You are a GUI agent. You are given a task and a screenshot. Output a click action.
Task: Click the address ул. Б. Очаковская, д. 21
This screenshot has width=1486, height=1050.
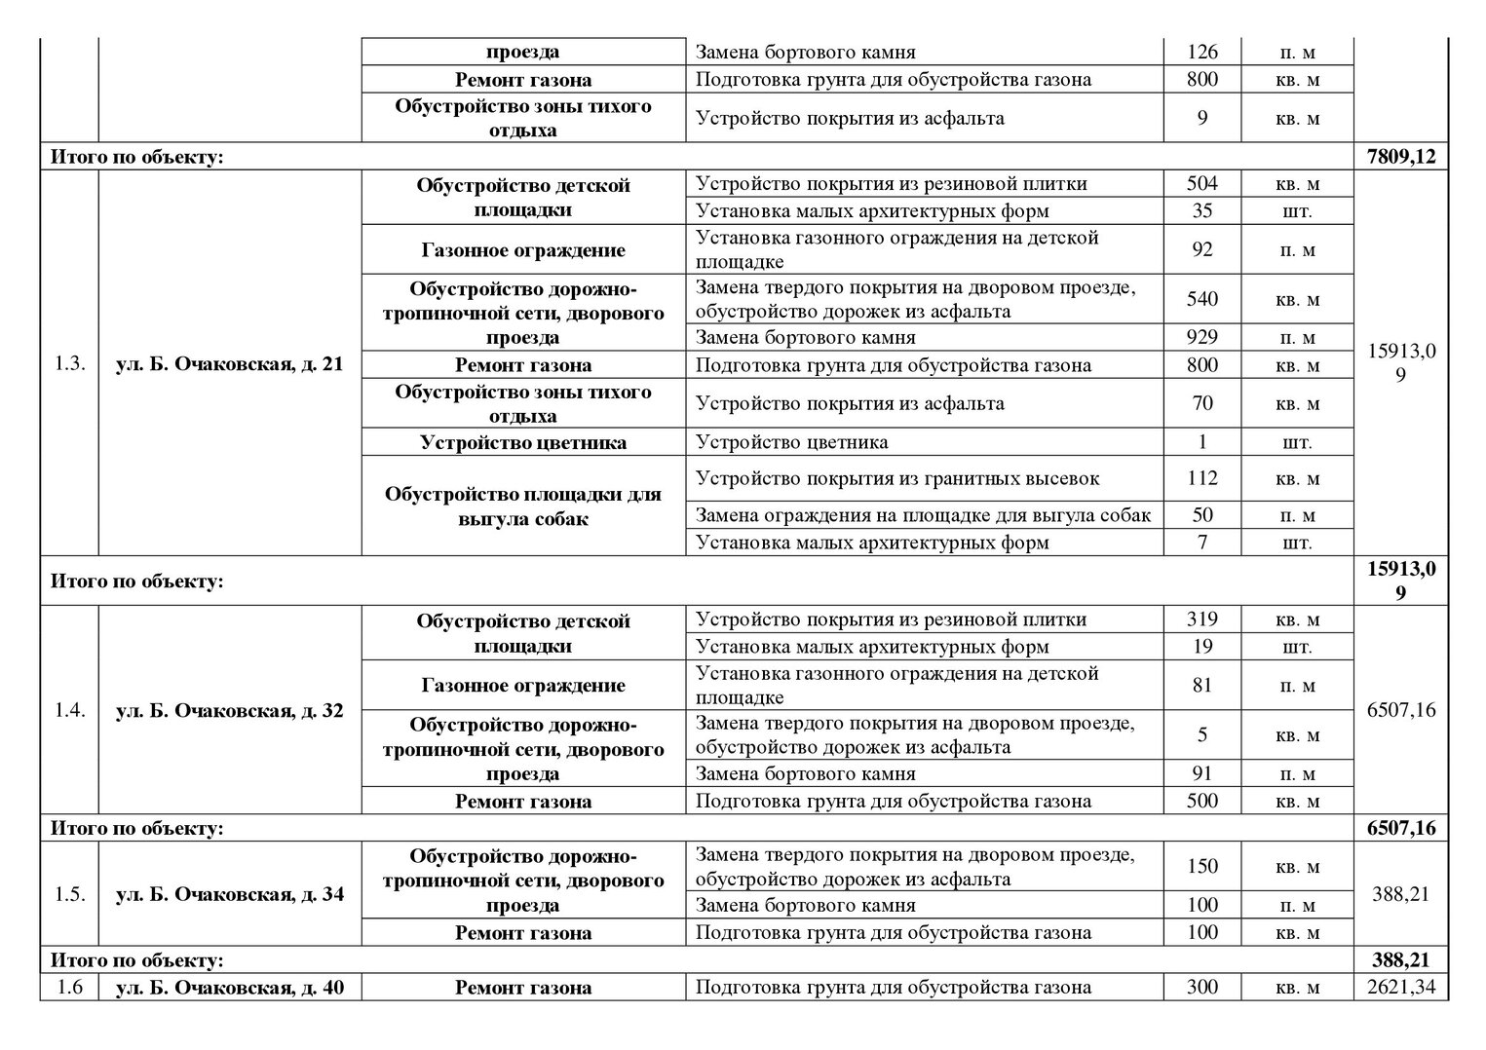pyautogui.click(x=230, y=365)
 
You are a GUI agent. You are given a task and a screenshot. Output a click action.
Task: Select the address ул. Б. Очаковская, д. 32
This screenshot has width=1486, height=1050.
pyautogui.click(x=230, y=710)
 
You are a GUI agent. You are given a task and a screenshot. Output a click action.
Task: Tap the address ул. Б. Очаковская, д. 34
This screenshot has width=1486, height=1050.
pyautogui.click(x=230, y=894)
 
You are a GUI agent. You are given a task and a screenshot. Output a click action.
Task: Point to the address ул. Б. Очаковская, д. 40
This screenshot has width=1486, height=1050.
pyautogui.click(x=230, y=987)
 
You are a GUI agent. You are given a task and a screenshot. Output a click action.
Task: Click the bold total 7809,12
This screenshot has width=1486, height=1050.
pyautogui.click(x=1400, y=156)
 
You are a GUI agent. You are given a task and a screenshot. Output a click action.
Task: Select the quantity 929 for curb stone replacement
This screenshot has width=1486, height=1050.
pyautogui.click(x=1201, y=337)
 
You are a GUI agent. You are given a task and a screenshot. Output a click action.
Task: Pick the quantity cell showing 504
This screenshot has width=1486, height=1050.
pyautogui.click(x=1201, y=183)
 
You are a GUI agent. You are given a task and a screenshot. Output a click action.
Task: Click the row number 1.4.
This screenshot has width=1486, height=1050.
pyautogui.click(x=69, y=710)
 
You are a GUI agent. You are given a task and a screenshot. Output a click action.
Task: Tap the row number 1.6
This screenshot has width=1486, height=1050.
pyautogui.click(x=69, y=987)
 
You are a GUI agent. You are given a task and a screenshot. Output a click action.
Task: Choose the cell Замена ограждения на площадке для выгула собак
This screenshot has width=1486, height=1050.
pyautogui.click(x=924, y=515)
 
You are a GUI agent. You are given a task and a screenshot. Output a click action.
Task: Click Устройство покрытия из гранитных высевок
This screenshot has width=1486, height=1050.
pyautogui.click(x=897, y=478)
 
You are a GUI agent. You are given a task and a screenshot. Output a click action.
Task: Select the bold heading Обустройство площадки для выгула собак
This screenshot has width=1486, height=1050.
pyautogui.click(x=523, y=506)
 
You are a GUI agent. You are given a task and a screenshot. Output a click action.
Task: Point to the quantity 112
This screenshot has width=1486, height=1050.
pyautogui.click(x=1201, y=478)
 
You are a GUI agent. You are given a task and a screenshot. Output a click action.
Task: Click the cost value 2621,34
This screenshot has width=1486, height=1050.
pyautogui.click(x=1400, y=987)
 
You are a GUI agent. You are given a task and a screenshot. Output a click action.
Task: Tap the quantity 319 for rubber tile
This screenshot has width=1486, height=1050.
pyautogui.click(x=1201, y=619)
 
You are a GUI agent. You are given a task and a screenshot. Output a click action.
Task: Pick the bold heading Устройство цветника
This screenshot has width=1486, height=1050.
pyautogui.click(x=523, y=442)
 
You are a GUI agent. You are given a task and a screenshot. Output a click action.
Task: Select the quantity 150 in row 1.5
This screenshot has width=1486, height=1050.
pyautogui.click(x=1201, y=866)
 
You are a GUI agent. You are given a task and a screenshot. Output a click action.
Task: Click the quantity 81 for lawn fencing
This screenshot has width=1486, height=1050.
pyautogui.click(x=1201, y=685)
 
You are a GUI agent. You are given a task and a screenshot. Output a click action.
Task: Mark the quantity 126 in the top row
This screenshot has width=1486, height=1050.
pyautogui.click(x=1201, y=52)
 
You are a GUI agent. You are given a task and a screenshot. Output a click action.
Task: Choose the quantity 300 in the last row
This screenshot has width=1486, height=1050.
pyautogui.click(x=1201, y=987)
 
